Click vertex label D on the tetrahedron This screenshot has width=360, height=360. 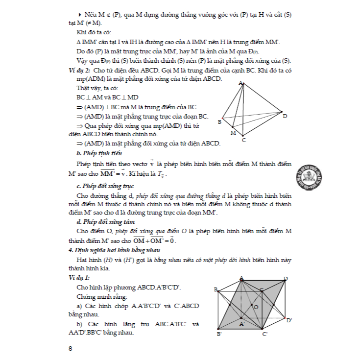click(x=285, y=116)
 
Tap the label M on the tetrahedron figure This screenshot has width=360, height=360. click(x=233, y=132)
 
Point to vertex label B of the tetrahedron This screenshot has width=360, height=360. click(x=220, y=122)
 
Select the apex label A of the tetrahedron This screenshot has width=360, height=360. click(x=241, y=84)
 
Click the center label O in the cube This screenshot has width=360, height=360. click(x=256, y=307)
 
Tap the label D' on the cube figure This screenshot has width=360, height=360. click(x=289, y=320)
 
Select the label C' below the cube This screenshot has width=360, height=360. click(x=264, y=334)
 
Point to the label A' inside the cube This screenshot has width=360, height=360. click(x=242, y=324)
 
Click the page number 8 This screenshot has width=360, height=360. click(x=71, y=349)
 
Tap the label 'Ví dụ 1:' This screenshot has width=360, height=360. click(x=80, y=277)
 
